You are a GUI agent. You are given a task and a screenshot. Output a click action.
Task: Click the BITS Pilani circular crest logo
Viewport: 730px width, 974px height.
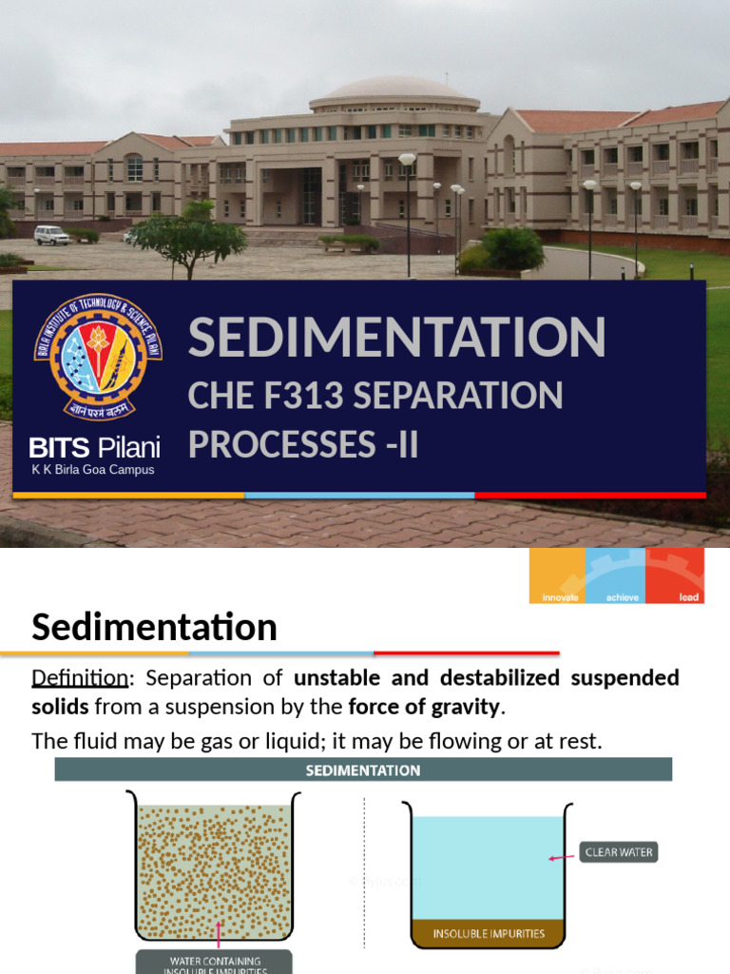98,356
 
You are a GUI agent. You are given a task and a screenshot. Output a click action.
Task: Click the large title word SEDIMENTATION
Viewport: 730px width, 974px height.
396,338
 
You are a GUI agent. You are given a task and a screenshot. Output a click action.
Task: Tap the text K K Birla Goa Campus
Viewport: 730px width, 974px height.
93,470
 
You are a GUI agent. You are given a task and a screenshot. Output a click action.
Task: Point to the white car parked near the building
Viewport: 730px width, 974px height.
51,235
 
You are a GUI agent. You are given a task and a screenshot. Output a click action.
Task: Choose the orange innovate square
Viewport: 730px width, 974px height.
558,575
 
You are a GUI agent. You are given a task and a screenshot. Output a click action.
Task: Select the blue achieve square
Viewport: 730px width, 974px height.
616,575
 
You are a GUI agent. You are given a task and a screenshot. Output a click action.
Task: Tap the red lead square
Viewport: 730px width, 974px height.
675,575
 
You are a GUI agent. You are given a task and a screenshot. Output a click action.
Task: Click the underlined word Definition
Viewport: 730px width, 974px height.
79,678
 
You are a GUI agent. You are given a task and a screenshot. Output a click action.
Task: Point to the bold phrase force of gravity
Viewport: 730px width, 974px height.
424,707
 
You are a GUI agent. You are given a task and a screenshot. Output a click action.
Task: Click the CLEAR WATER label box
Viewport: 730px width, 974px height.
619,852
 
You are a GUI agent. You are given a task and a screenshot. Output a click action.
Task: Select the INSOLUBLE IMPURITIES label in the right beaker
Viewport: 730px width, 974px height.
489,933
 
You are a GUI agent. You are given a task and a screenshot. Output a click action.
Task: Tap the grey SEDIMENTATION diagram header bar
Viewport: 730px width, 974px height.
363,769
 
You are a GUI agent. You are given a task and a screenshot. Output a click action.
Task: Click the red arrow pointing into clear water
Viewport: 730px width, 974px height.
562,857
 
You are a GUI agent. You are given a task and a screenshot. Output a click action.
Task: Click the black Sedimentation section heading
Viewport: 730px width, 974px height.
155,628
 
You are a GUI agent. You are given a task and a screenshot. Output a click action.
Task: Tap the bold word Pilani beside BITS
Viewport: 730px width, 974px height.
128,447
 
